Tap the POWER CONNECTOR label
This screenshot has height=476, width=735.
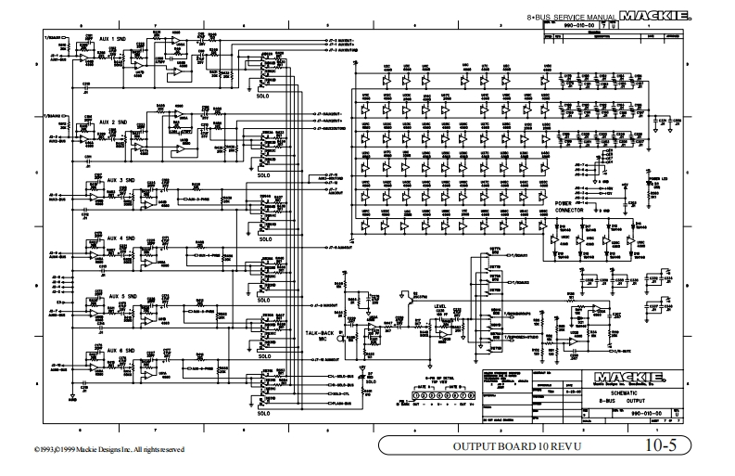click(x=569, y=206)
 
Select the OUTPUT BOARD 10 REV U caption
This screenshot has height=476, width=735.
click(x=506, y=447)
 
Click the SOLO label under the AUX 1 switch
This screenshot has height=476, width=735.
click(x=264, y=94)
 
